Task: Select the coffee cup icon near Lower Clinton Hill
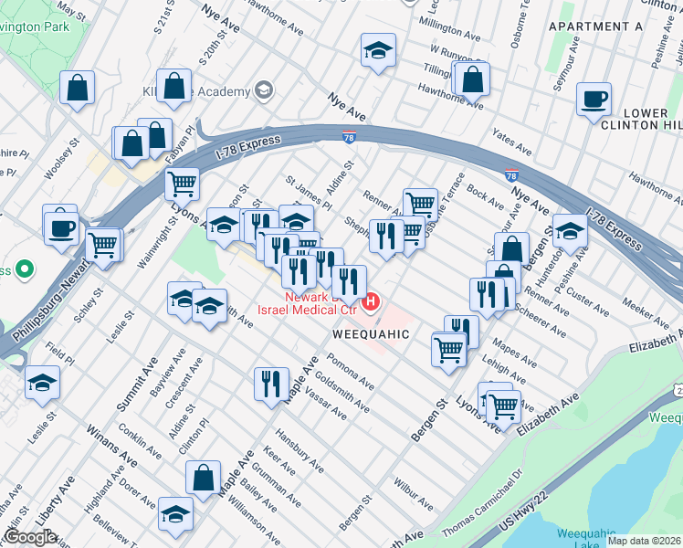click(x=594, y=99)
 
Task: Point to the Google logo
click(x=30, y=537)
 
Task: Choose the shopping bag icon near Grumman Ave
click(x=203, y=478)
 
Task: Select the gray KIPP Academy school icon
click(x=264, y=90)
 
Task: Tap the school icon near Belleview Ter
click(x=174, y=513)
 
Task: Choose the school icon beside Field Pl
click(x=42, y=383)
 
